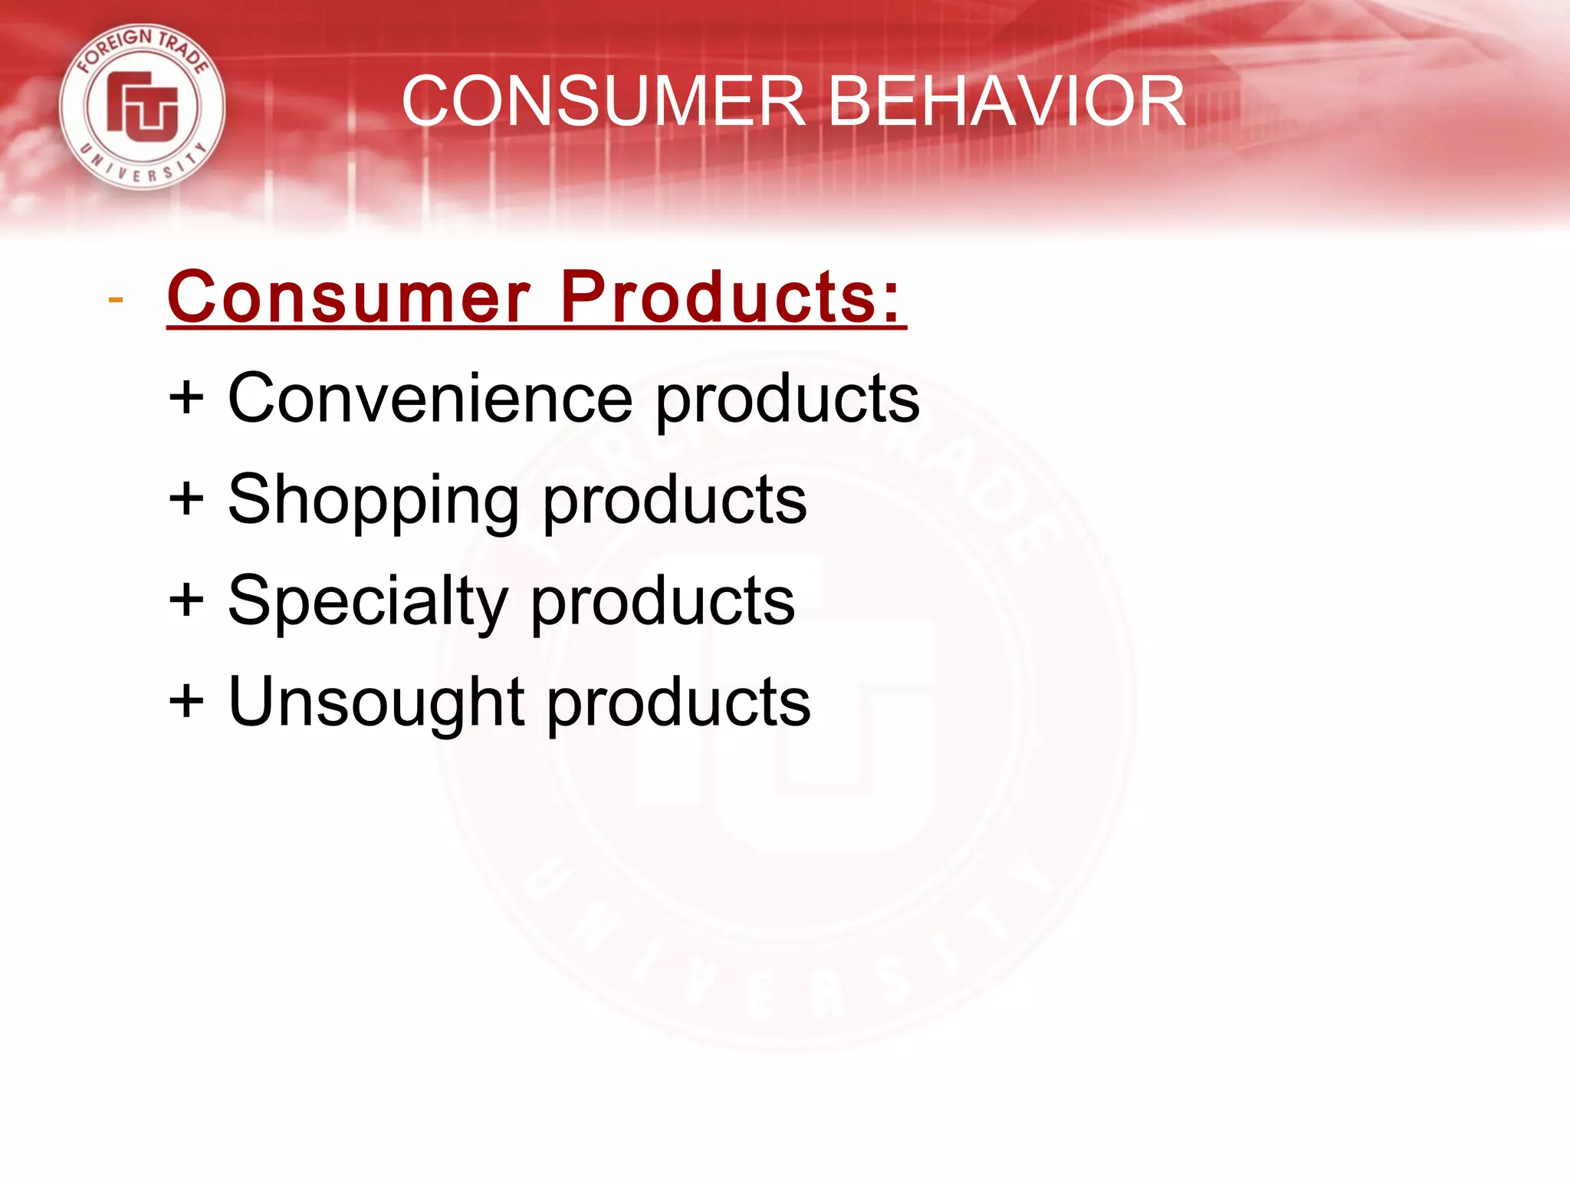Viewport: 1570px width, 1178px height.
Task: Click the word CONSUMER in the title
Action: [603, 101]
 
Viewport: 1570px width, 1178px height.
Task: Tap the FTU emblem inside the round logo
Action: [143, 107]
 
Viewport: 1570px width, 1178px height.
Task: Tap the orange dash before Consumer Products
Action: [116, 299]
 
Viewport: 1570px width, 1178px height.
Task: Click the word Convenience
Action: [430, 398]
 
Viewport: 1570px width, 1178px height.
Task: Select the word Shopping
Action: [373, 501]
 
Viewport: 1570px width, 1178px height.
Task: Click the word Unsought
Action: [376, 702]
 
